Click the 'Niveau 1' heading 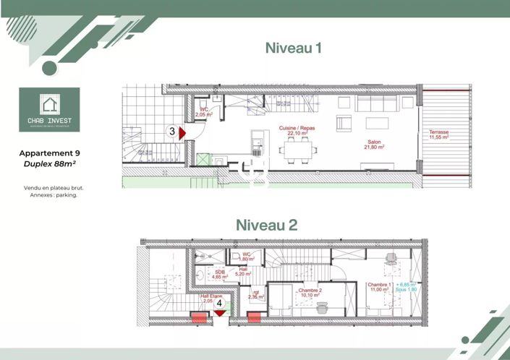[293, 48]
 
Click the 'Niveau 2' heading [266, 225]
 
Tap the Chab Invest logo [50, 110]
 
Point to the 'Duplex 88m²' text [50, 164]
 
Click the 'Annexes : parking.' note [50, 194]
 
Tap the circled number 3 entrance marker [172, 132]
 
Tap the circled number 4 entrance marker [219, 304]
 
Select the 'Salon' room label [373, 142]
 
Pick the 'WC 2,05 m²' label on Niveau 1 [203, 112]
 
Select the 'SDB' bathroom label [220, 272]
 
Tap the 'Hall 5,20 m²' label [243, 271]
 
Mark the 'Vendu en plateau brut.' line [50, 187]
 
